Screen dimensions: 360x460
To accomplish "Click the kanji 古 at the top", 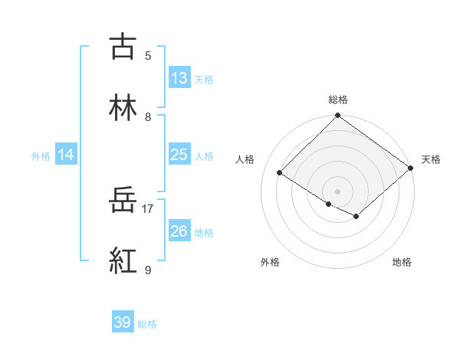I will click(x=123, y=47).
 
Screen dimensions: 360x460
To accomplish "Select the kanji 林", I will click(x=123, y=108).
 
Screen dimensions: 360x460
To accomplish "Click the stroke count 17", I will click(x=148, y=208).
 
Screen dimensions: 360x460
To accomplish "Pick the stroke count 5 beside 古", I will click(x=148, y=55).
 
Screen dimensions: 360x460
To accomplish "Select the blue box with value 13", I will click(x=179, y=78).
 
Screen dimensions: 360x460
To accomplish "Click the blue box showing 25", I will click(x=179, y=155).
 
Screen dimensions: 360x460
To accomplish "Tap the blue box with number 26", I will click(x=179, y=231).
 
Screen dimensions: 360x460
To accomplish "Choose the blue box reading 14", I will click(x=66, y=155).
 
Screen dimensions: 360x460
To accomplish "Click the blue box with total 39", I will click(x=123, y=322).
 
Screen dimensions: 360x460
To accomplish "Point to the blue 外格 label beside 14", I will click(x=41, y=155).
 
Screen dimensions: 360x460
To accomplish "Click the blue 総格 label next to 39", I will click(x=148, y=324).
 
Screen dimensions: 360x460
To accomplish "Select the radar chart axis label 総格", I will click(x=338, y=100).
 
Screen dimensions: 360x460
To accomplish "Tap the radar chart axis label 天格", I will click(x=431, y=159).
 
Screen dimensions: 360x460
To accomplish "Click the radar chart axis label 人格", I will click(x=245, y=159).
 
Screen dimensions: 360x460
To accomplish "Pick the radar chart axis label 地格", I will click(x=402, y=262).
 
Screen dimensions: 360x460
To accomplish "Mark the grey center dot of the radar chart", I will click(x=338, y=191).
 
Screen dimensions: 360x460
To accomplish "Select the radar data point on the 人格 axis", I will click(x=280, y=173).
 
